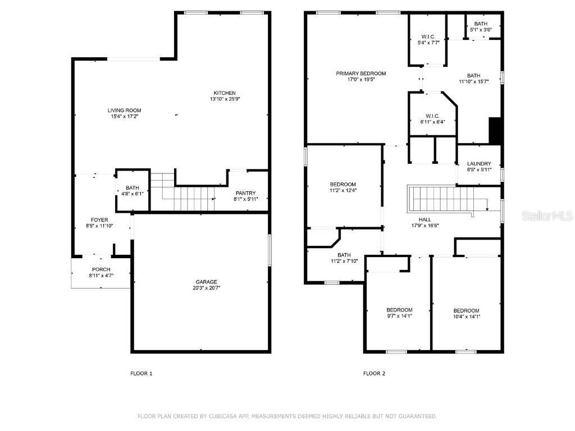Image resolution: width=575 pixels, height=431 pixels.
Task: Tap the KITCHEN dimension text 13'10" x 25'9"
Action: coord(224,99)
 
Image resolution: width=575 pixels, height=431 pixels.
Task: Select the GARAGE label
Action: coord(206,282)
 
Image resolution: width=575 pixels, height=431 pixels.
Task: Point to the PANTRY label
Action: coord(245,192)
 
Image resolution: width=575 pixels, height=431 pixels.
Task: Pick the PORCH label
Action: coord(101,269)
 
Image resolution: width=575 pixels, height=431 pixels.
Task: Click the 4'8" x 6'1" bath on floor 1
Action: coord(133,191)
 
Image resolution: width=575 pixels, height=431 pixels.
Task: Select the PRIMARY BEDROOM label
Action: coord(361,74)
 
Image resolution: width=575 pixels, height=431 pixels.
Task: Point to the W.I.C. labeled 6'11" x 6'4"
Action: coord(432,118)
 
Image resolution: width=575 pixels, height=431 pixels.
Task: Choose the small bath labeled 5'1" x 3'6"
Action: coord(481,26)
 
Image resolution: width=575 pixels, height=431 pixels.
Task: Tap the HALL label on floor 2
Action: coord(425,219)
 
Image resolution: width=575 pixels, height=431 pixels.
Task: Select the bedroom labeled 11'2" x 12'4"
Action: coord(343,187)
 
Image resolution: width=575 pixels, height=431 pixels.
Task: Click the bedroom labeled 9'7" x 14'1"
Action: coord(399,313)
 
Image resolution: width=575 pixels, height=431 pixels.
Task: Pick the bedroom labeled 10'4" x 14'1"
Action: coord(466,313)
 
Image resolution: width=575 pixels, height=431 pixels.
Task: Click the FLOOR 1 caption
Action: coord(141,373)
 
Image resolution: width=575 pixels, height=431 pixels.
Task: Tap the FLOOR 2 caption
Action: coord(374,373)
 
